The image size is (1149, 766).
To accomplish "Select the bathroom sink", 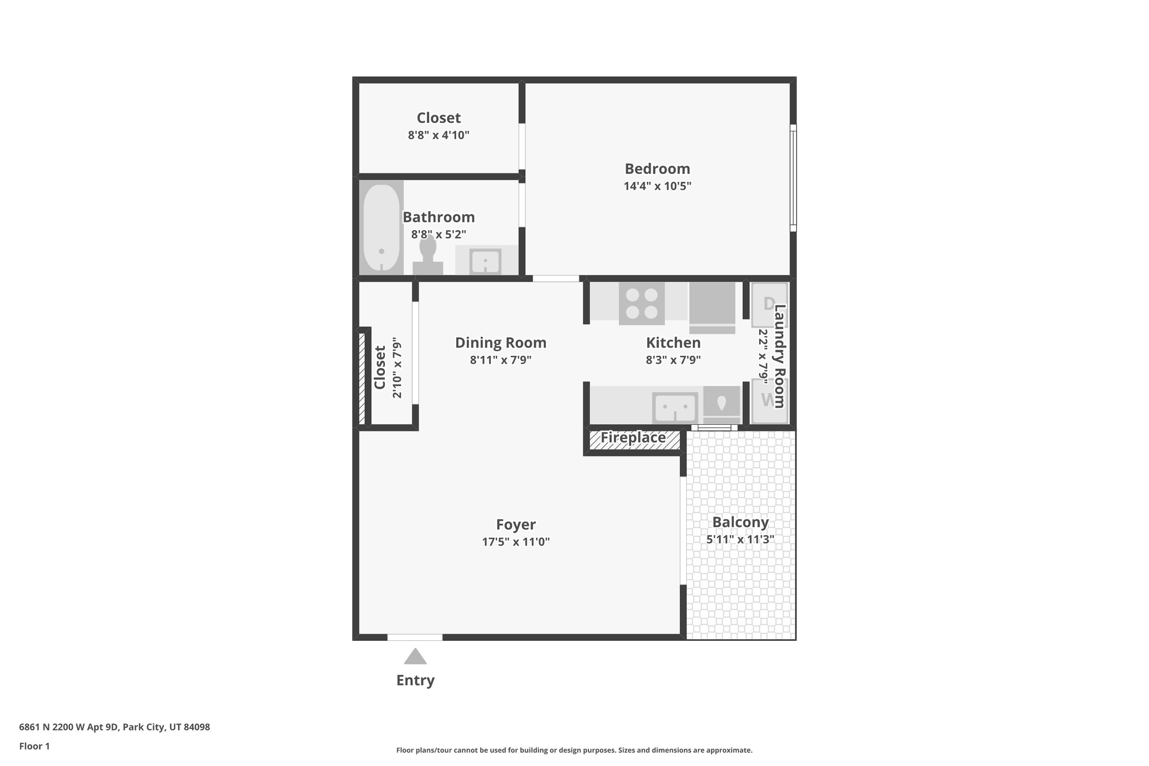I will [485, 262].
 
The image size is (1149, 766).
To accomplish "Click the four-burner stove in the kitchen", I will [641, 303].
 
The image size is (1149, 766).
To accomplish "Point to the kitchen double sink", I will [675, 407].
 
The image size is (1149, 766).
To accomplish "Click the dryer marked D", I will [769, 305].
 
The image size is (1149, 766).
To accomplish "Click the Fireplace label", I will [633, 438].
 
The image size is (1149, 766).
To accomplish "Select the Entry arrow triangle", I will [415, 657].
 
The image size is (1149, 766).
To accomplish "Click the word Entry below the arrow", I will [415, 681].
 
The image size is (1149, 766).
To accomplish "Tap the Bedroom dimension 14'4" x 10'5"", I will [657, 186].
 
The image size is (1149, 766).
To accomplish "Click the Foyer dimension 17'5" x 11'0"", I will [516, 542].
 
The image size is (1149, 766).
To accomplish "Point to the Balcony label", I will [740, 522].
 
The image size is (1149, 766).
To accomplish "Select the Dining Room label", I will [500, 343].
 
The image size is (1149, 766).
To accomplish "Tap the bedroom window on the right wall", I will [793, 178].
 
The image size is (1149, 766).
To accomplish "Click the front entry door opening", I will [415, 637].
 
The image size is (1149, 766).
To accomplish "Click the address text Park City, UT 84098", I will [166, 727].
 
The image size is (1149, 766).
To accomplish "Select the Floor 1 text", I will [34, 746].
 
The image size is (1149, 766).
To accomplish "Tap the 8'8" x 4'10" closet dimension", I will [438, 135].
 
